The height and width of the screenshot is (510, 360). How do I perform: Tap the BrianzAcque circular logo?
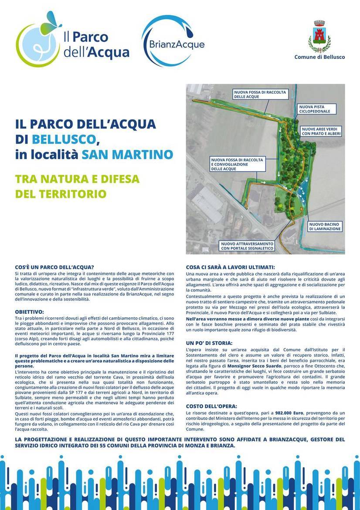coord(173,41)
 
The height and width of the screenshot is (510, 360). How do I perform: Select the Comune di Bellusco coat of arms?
coord(319,36)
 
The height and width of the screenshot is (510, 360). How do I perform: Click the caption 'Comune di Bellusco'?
coord(319,57)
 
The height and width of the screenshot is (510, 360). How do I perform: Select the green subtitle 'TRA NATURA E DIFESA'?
coord(77,179)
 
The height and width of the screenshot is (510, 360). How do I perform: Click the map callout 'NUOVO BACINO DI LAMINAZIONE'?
coord(325,226)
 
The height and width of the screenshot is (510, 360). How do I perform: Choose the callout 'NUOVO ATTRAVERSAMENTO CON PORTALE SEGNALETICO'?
coord(247,246)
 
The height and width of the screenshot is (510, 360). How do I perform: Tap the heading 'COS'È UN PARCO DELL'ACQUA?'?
coord(54,267)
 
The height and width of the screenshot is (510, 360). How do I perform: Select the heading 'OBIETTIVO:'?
coord(29,312)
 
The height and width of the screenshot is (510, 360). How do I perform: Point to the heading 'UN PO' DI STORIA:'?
coord(209,343)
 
